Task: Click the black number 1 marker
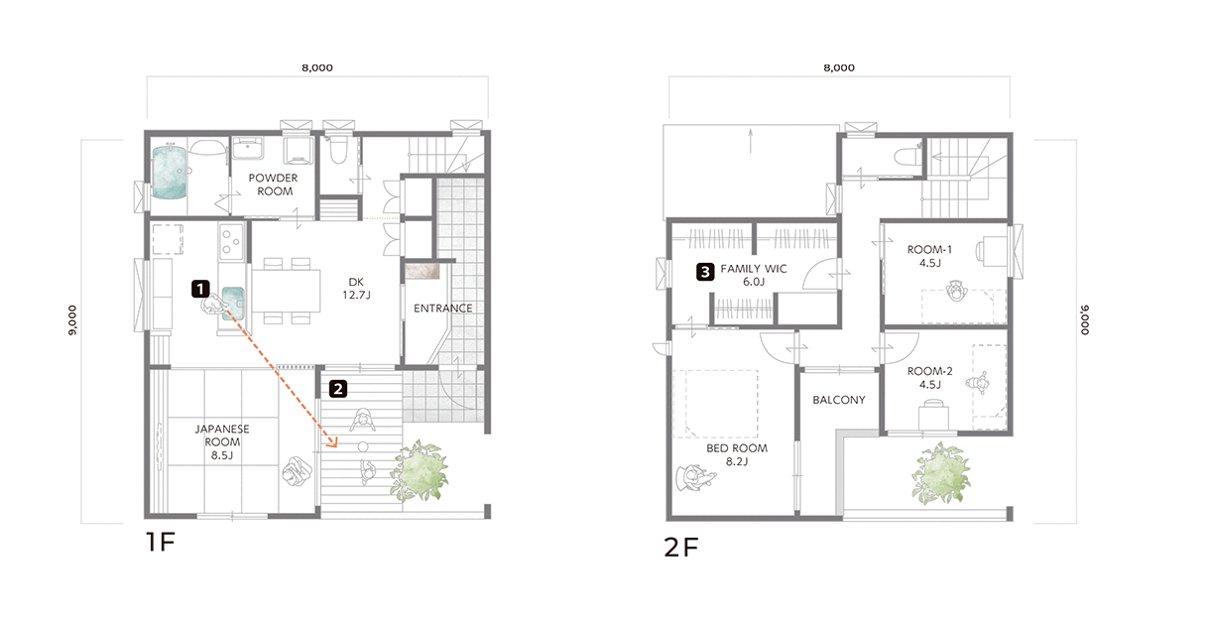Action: click(x=200, y=289)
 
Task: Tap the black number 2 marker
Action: click(x=338, y=389)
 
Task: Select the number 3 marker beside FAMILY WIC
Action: click(x=705, y=272)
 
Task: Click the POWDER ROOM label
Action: click(x=274, y=185)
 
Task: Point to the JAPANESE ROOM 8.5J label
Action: click(x=222, y=441)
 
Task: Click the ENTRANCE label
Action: click(x=443, y=308)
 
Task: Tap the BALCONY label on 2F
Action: click(x=839, y=400)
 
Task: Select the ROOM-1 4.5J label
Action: click(x=929, y=256)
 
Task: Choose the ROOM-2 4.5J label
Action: click(x=929, y=378)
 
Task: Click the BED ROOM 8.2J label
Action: click(x=737, y=454)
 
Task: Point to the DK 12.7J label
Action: click(x=356, y=288)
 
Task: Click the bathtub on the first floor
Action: click(x=169, y=172)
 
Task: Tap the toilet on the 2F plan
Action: click(x=908, y=156)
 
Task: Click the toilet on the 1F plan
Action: click(x=338, y=149)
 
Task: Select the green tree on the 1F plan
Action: click(x=420, y=470)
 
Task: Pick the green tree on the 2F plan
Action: click(x=941, y=473)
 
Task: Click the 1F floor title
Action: click(x=161, y=542)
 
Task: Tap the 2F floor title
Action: click(x=681, y=548)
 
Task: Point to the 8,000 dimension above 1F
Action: click(x=317, y=68)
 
